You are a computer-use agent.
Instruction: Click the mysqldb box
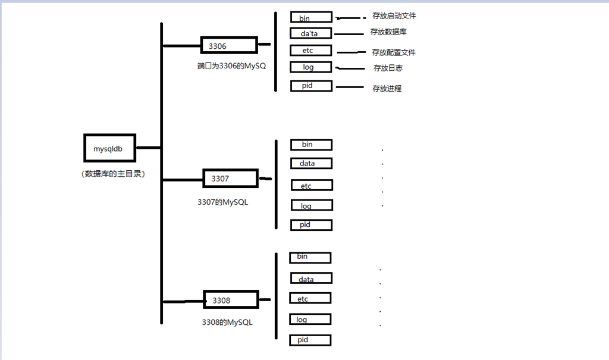[109, 148]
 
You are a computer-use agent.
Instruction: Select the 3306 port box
[229, 45]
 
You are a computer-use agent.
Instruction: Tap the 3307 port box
[231, 178]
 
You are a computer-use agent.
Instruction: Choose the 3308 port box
[232, 300]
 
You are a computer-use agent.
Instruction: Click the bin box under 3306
[311, 18]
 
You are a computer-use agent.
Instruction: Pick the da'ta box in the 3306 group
[311, 33]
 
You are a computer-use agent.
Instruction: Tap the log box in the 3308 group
[309, 320]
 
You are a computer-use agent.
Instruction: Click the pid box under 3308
[310, 340]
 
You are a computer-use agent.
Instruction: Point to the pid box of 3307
[311, 225]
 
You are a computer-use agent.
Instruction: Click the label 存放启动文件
[394, 16]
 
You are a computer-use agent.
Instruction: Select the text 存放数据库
[388, 32]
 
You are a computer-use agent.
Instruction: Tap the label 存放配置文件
[394, 52]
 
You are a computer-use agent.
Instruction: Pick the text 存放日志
[388, 68]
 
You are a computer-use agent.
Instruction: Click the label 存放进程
[387, 89]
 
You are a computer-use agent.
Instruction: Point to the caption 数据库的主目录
[114, 174]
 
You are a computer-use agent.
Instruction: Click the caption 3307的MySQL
[222, 202]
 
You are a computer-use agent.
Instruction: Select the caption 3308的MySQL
[227, 323]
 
